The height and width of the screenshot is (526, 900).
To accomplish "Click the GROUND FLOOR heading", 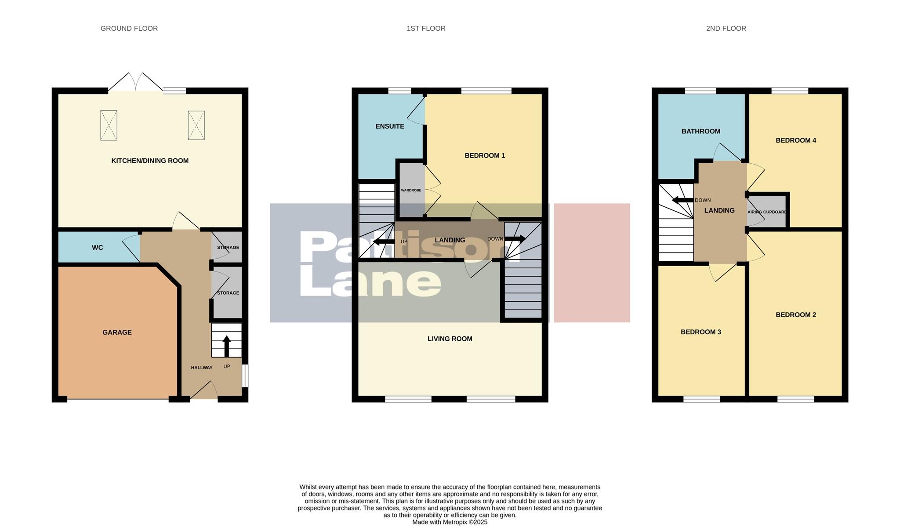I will (x=129, y=29).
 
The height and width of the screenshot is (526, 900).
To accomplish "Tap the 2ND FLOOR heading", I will (x=726, y=29).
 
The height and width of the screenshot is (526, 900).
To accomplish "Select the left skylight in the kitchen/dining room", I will (x=109, y=125).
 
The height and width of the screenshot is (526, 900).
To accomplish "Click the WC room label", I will (x=97, y=248).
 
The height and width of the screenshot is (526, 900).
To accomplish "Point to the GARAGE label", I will (x=117, y=332).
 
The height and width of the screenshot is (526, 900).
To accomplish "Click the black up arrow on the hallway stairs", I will (x=227, y=346).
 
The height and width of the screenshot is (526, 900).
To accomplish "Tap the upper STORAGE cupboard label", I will (x=228, y=248).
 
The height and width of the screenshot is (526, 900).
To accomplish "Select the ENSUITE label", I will (x=389, y=126).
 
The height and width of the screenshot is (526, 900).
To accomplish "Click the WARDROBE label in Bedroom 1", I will (x=411, y=191).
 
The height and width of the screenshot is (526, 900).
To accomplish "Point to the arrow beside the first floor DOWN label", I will (x=515, y=239).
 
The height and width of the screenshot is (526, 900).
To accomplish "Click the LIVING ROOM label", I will (x=450, y=339).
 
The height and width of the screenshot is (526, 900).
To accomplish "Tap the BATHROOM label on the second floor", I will (x=700, y=131).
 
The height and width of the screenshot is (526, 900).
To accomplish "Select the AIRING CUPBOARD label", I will (x=767, y=212).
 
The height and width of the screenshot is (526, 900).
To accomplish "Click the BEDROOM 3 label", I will (x=700, y=332).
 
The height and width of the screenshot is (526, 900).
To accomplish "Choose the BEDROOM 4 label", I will (x=795, y=141).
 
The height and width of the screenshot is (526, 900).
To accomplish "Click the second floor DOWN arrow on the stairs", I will (x=682, y=200).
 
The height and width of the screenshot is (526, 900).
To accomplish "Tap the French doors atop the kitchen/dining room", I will (x=136, y=83).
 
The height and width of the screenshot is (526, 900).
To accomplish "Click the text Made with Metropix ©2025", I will (x=450, y=522).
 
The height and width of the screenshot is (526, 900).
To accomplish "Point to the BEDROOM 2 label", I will (x=795, y=315).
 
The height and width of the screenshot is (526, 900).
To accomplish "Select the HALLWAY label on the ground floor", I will (x=201, y=368).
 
